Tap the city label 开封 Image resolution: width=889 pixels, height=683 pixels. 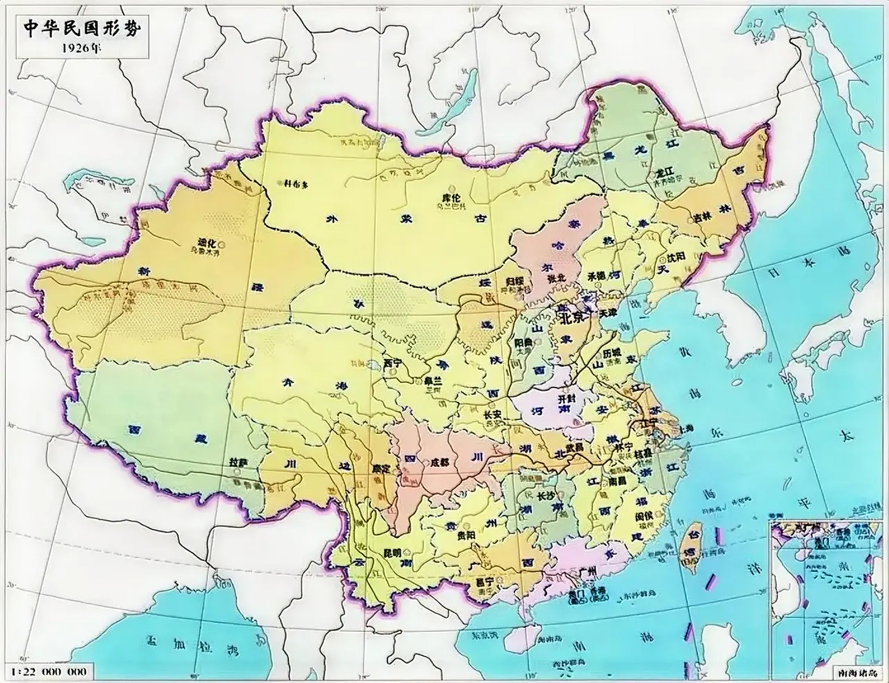(x=564, y=399)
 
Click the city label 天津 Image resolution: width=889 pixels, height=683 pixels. (x=607, y=312)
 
